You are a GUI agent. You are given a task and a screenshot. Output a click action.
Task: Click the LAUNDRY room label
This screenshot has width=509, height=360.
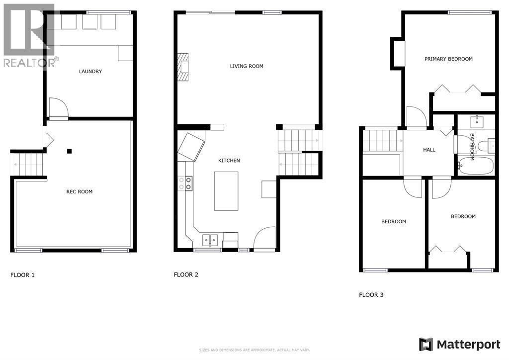pos(90,72)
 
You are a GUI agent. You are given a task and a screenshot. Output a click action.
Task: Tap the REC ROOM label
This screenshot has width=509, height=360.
pos(80,191)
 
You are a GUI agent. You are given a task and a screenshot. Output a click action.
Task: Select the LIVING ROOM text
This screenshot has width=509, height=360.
pos(247,66)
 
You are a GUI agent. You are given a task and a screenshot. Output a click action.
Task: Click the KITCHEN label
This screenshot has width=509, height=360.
pos(229,161)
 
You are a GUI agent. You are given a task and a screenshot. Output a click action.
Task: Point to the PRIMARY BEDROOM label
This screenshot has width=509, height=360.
pos(448,59)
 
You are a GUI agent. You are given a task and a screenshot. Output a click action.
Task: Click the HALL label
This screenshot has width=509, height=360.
pos(429,150)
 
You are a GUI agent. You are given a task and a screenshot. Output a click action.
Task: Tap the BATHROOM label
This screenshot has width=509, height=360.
pos(472,147)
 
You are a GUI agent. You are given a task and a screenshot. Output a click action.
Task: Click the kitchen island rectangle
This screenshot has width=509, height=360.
pos(226,191)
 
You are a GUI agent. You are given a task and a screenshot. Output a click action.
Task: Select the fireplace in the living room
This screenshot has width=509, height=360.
pos(183,66)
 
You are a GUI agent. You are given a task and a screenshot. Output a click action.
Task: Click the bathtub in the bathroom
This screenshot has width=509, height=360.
pos(474,166)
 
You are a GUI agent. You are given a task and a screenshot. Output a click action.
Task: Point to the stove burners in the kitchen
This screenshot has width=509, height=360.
pos(189,183)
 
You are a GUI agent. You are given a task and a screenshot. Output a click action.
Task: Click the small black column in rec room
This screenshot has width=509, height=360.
pos(70,151)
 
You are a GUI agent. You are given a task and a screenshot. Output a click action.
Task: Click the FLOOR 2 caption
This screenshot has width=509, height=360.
pos(186,274)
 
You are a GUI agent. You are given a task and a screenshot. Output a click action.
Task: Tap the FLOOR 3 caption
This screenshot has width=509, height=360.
pos(371,295)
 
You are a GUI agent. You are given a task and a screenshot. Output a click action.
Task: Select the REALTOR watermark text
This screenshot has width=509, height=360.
pos(30,63)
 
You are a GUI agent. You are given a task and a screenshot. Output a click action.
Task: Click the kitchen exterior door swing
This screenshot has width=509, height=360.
pos(265,239)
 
